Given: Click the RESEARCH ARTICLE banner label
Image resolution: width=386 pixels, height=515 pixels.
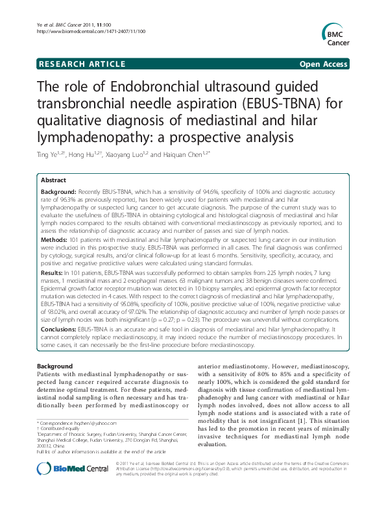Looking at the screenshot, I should pyautogui.click(x=82, y=64).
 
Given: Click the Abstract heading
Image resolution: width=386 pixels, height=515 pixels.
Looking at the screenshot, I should pyautogui.click(x=53, y=180).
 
